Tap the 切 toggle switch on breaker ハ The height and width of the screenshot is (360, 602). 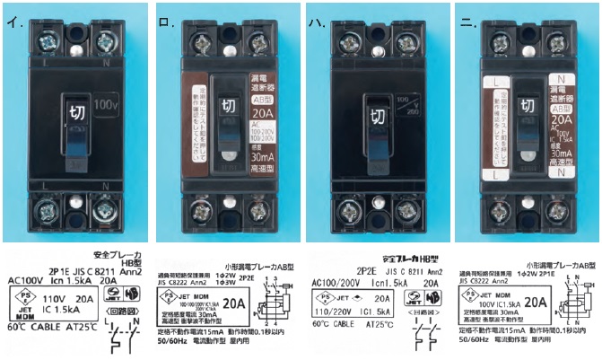[377, 117]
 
